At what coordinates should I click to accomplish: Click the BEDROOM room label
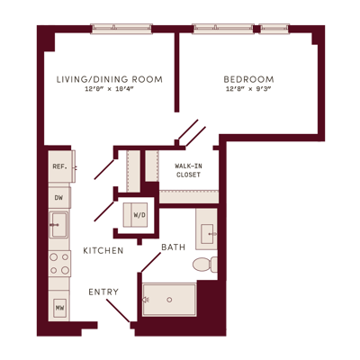click(x=248, y=79)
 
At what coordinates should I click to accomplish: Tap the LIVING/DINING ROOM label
click(x=110, y=79)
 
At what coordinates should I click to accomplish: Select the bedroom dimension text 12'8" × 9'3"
click(x=248, y=89)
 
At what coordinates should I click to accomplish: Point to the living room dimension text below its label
click(x=109, y=89)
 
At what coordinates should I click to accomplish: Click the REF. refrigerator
click(x=61, y=166)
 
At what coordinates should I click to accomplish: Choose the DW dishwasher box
click(x=59, y=197)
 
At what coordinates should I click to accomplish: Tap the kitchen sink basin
click(x=58, y=225)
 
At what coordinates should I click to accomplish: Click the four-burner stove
click(x=59, y=264)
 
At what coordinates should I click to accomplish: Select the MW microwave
click(x=59, y=308)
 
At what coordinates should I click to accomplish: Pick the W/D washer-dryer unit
click(x=136, y=215)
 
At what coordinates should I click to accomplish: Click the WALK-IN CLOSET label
click(x=188, y=170)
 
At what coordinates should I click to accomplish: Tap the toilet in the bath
click(x=205, y=265)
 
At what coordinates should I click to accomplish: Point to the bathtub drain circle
click(x=169, y=300)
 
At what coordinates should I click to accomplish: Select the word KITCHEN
click(x=103, y=251)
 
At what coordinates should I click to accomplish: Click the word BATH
click(x=174, y=247)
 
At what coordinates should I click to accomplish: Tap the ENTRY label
click(x=103, y=292)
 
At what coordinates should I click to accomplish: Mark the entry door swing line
click(x=118, y=310)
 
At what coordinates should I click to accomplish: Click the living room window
click(x=121, y=29)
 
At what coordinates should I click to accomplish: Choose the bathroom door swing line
click(x=150, y=262)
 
